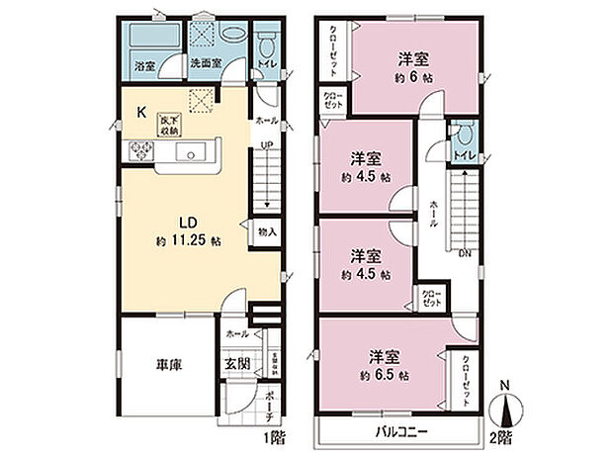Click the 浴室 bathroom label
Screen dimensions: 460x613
tap(142, 66)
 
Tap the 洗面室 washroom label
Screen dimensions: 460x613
tap(204, 66)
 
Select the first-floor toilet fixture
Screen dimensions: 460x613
tap(263, 47)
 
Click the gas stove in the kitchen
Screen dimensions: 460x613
tap(138, 152)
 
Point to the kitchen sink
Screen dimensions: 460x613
tap(192, 151)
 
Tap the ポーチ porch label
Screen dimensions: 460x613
tap(268, 403)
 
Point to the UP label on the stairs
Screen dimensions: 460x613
tap(265, 146)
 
